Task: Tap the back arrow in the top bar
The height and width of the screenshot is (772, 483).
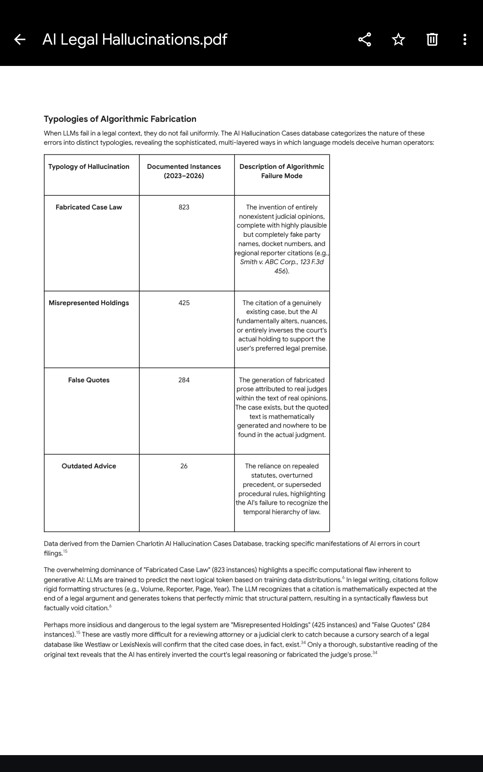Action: pos(20,39)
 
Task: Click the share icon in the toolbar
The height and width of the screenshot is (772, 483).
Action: pos(365,39)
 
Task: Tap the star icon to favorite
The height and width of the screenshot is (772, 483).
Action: pos(398,39)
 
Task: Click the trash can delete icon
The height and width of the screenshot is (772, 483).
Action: pos(431,39)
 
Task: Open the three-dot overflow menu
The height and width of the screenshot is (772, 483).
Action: pos(465,39)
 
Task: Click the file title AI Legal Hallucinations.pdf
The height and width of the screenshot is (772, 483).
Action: pos(134,39)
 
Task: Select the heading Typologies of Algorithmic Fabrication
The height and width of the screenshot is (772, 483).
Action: pos(120,119)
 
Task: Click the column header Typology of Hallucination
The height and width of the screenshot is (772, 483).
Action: pos(89,166)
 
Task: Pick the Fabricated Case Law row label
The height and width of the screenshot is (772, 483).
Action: pos(89,207)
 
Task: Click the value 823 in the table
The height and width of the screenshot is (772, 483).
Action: pos(184,207)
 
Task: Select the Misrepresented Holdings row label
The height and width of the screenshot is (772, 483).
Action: pos(89,303)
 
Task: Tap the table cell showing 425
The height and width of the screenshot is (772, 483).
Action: pos(184,303)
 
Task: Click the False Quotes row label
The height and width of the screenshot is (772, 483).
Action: pos(89,380)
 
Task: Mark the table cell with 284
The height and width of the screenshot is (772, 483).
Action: pos(184,380)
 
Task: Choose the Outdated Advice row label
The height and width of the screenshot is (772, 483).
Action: pos(89,466)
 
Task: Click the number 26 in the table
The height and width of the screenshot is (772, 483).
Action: pos(184,466)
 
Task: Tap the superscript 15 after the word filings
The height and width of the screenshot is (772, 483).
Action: pos(66,552)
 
